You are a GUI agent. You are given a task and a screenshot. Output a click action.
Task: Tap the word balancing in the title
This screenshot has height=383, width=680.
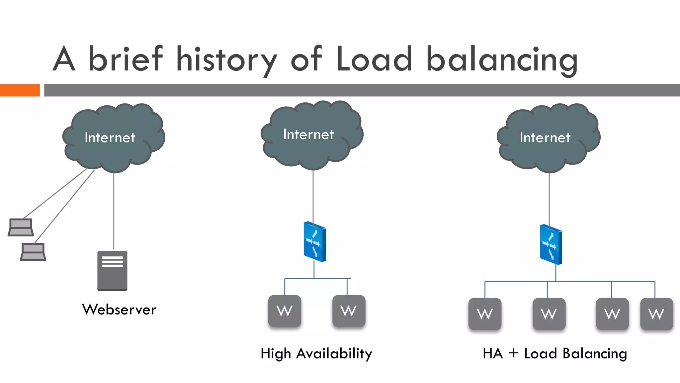[x=502, y=60]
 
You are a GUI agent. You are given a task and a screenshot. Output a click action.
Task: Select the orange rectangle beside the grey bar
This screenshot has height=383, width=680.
[x=20, y=90]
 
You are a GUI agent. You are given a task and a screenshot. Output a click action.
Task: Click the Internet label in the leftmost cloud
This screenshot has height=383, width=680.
[x=110, y=138]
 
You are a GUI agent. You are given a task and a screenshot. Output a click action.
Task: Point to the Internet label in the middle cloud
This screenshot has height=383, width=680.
[x=308, y=135]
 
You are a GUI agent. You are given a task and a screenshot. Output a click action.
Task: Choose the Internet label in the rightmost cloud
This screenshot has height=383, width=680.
[x=545, y=138]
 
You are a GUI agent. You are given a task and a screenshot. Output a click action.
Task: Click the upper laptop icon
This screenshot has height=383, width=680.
[x=21, y=227]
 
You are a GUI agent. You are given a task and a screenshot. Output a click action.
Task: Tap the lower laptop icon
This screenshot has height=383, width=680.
[x=33, y=252]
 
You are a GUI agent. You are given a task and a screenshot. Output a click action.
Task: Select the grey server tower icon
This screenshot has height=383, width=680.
[x=112, y=271]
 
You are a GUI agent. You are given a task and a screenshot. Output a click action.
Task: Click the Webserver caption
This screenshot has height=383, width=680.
[x=119, y=310]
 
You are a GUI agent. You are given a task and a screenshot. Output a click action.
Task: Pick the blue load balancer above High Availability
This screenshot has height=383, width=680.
[x=315, y=242]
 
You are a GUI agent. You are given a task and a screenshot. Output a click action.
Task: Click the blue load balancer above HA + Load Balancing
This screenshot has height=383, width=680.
[x=551, y=245]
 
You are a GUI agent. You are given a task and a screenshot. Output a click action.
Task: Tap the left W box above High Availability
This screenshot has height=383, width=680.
[x=285, y=311]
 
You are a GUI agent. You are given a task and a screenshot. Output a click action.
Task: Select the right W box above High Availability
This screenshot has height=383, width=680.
[x=349, y=311]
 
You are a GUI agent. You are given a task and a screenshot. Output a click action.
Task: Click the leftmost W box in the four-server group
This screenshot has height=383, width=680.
[x=485, y=314]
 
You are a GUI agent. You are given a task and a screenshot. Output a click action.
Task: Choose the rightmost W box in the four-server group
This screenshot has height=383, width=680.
[x=656, y=314]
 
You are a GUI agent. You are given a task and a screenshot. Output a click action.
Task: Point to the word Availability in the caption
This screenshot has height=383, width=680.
[x=334, y=353]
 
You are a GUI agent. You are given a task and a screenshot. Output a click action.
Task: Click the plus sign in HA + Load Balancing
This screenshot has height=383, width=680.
[x=513, y=353]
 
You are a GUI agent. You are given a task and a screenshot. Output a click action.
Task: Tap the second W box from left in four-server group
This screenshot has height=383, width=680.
[x=549, y=314]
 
